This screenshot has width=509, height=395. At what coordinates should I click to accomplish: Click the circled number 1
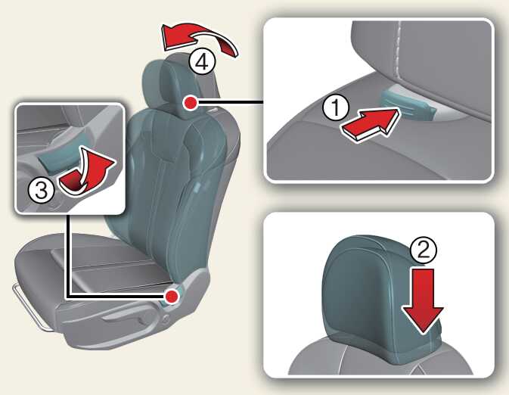pos(336,107)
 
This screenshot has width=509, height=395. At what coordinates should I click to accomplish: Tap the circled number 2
pos(424,250)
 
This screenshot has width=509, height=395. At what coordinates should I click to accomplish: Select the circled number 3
pos(41,191)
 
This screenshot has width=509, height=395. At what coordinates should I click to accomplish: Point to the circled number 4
pos(203,62)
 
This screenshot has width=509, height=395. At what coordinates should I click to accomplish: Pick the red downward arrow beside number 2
pos(423,300)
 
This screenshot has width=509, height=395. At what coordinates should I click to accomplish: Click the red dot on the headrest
pos(191,104)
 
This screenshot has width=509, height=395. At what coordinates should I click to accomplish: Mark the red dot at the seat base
pos(172,297)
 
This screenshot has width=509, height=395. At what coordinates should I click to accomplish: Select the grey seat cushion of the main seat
pos(94,266)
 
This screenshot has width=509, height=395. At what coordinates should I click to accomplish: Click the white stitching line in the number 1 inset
pos(398,48)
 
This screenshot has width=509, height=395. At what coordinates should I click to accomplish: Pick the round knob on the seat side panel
pos(166,319)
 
